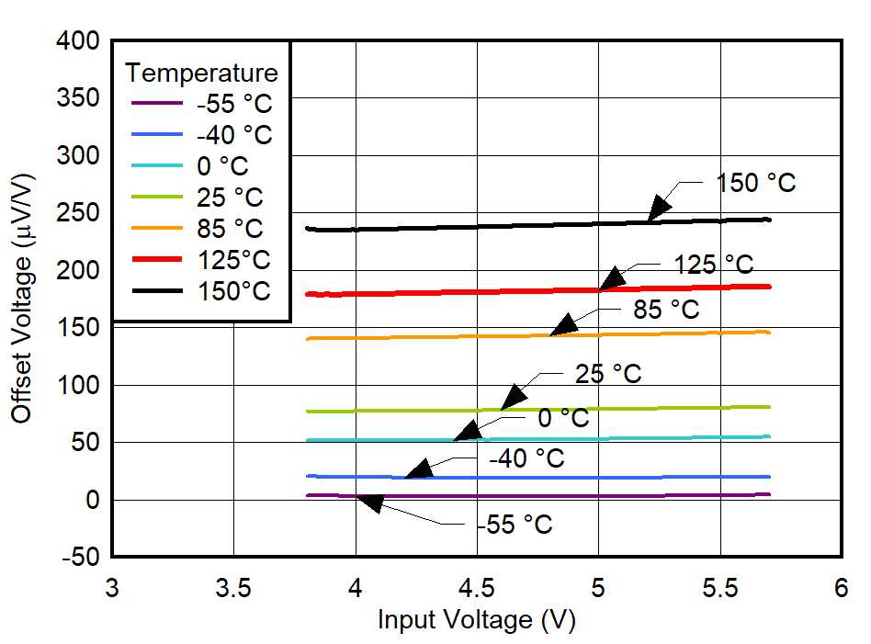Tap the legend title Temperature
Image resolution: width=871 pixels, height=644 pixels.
201,72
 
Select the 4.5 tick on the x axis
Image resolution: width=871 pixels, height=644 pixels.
477,588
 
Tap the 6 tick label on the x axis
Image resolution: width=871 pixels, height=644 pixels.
841,588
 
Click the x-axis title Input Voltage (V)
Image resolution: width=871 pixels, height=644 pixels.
476,620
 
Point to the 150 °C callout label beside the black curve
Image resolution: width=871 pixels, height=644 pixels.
756,183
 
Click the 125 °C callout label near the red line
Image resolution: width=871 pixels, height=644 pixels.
714,266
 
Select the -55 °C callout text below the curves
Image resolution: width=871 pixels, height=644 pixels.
515,525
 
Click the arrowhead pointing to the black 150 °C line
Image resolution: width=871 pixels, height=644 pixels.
658,208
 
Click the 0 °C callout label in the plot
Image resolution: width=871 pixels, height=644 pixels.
563,418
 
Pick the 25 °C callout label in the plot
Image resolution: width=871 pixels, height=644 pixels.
608,374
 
